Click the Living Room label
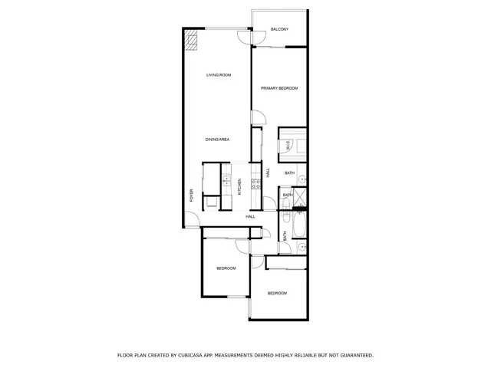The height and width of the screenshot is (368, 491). tap(219, 75)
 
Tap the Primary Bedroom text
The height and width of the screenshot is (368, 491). tap(279, 89)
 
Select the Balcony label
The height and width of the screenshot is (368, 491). tap(279, 30)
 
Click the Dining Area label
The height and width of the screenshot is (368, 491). tap(217, 139)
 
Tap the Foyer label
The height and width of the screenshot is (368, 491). tap(192, 195)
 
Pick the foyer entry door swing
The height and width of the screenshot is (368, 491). tap(191, 221)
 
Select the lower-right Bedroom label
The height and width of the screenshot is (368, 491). tap(277, 294)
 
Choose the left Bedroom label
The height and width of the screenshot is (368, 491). tap(226, 268)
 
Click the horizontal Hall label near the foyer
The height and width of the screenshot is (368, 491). tap(250, 217)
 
